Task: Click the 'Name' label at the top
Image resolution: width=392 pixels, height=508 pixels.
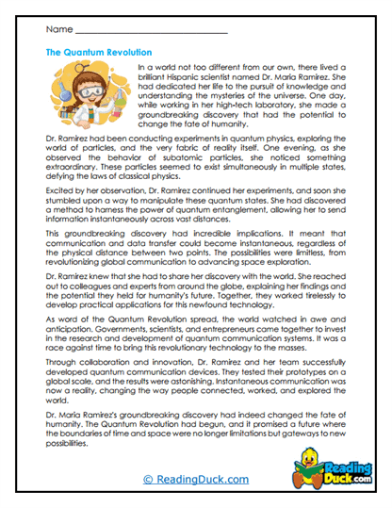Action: point(57,31)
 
